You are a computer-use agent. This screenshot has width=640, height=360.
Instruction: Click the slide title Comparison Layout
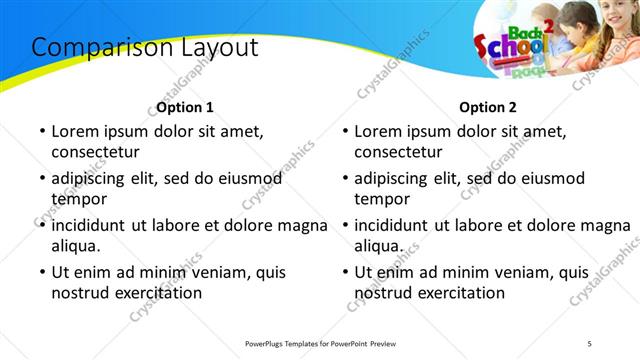pyautogui.click(x=145, y=47)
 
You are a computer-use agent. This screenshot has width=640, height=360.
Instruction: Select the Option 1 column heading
pyautogui.click(x=185, y=107)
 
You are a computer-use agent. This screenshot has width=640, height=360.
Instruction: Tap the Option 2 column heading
pyautogui.click(x=488, y=107)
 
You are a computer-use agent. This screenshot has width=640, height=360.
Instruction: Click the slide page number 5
pyautogui.click(x=589, y=343)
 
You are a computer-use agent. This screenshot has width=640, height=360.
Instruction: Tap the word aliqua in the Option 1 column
pyautogui.click(x=75, y=246)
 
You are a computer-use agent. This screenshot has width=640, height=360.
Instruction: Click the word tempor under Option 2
pyautogui.click(x=379, y=200)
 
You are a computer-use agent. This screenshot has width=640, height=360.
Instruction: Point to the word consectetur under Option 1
pyautogui.click(x=95, y=152)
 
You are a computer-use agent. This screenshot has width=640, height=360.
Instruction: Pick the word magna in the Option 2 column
pyautogui.click(x=606, y=225)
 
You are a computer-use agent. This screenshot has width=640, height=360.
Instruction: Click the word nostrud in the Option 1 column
pyautogui.click(x=80, y=293)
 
